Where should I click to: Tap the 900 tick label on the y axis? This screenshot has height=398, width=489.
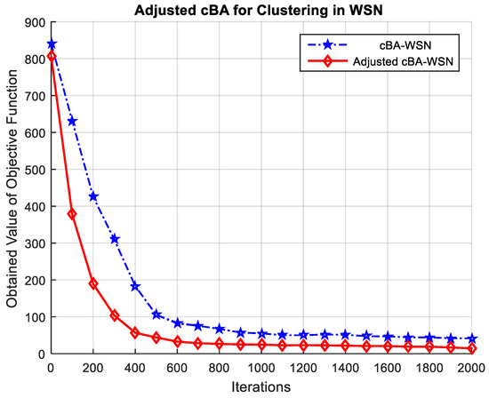(31, 22)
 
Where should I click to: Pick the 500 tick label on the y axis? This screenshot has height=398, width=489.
(31, 170)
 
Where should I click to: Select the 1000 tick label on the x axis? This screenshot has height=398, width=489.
(261, 367)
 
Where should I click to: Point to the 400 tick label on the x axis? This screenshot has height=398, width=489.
(135, 367)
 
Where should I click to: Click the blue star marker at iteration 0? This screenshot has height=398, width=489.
(51, 44)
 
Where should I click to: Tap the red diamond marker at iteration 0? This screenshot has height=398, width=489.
(51, 56)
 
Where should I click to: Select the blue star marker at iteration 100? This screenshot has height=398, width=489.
(72, 121)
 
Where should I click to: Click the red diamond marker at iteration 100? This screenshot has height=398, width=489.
(72, 214)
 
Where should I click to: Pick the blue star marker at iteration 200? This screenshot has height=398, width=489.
(93, 196)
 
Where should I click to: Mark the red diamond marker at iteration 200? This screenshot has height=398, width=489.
(93, 284)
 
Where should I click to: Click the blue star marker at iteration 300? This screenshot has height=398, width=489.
(115, 239)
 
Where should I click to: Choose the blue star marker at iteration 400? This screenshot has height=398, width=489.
(135, 286)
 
